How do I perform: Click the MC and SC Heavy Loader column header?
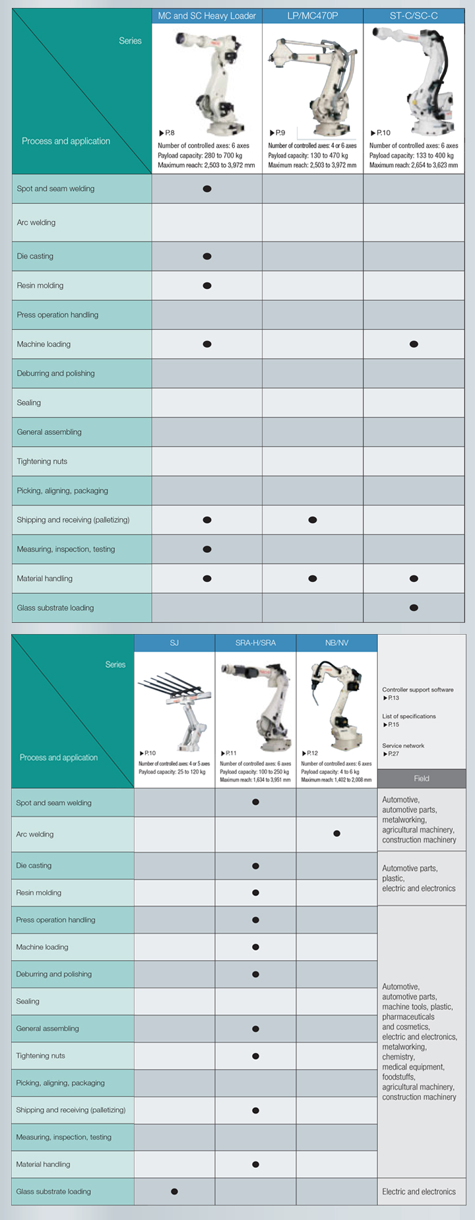tap(206, 16)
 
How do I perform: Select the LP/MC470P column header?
tap(313, 16)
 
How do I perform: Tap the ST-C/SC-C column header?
tap(414, 16)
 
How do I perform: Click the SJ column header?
tap(174, 643)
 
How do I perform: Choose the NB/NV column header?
tap(336, 643)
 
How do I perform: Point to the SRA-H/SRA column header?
tap(255, 643)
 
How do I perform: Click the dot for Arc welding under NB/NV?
tap(336, 834)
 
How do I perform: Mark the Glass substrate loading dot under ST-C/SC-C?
tap(414, 608)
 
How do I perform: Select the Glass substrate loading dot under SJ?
tap(174, 1192)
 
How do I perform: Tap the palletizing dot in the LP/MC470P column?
tap(313, 520)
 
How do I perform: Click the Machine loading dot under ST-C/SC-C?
tap(414, 344)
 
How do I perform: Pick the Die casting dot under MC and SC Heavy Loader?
tap(207, 256)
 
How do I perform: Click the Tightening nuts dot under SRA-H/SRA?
tap(255, 1056)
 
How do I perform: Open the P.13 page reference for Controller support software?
tap(391, 698)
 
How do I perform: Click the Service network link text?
tap(403, 746)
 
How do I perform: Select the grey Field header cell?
tap(422, 779)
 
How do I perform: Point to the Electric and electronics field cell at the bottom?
tap(419, 1192)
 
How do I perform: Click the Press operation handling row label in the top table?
tap(57, 315)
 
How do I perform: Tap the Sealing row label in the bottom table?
tap(28, 1001)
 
